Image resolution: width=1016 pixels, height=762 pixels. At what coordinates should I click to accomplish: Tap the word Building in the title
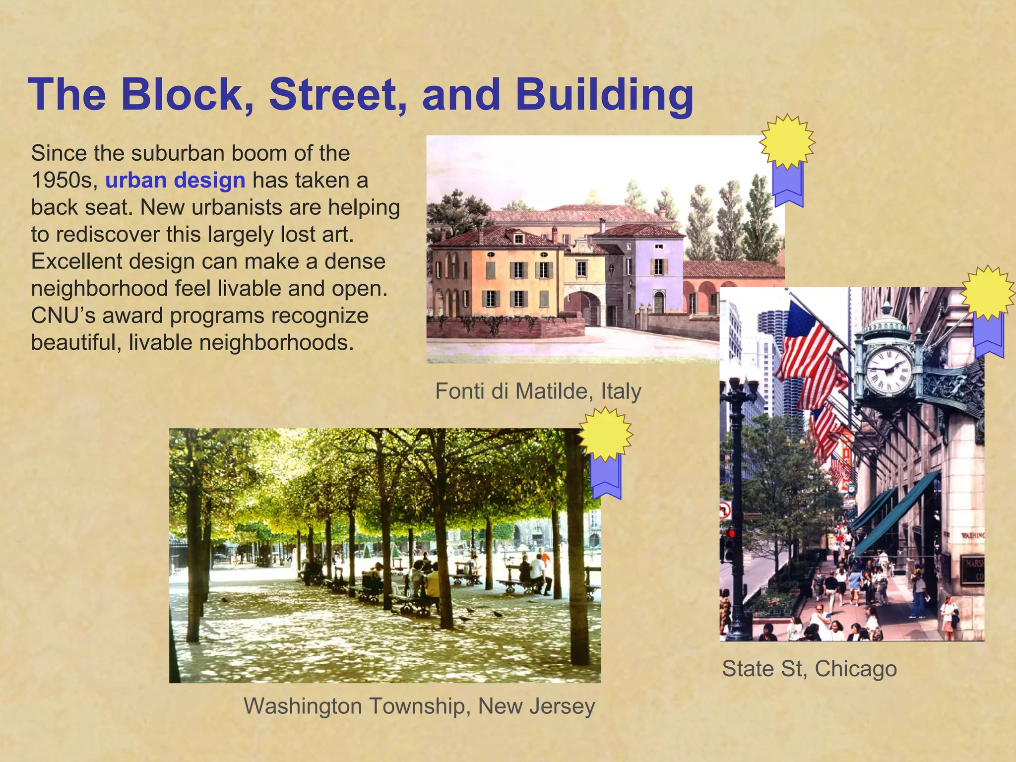click(x=604, y=95)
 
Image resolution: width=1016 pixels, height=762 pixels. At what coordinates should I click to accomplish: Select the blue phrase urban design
click(x=175, y=180)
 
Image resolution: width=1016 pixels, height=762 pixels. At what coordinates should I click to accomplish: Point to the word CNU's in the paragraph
click(x=63, y=316)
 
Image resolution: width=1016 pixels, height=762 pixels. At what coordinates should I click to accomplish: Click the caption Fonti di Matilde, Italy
click(x=538, y=391)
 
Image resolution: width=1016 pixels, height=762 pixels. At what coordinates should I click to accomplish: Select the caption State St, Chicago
click(x=809, y=668)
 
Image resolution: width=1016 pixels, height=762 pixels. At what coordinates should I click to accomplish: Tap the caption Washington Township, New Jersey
click(x=419, y=705)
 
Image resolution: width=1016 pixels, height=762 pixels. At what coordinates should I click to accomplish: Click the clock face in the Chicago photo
click(x=889, y=370)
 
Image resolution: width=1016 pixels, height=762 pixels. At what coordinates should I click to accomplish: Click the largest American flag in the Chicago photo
click(x=806, y=342)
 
